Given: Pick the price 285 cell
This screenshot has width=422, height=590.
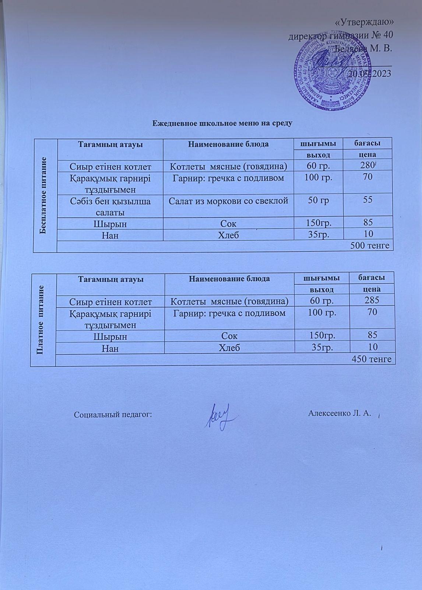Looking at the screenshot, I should pos(372,300).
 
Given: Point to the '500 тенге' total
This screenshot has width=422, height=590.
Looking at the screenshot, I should pos(370,246).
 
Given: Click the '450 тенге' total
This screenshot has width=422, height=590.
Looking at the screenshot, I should pos(372,358).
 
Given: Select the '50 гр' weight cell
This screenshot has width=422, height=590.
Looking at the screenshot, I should pos(319,200).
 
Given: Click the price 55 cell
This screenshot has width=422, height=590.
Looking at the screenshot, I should pos(368,200).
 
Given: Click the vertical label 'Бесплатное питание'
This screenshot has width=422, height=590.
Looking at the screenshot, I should pos(45,195).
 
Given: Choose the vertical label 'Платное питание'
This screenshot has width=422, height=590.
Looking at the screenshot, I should pos(43,319).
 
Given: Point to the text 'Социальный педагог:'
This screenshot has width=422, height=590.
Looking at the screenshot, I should pos(113,414).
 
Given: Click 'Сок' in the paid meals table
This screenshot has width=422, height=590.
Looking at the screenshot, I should pos(229,336).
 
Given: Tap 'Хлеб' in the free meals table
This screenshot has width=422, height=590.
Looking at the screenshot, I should pos(228,235).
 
